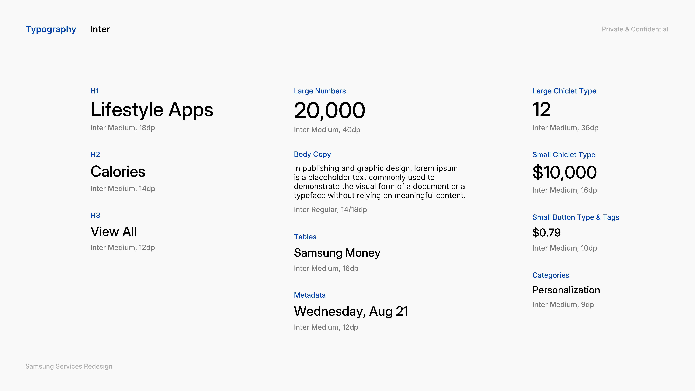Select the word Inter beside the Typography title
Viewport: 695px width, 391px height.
pyautogui.click(x=100, y=29)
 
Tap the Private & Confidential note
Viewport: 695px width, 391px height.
pyautogui.click(x=635, y=29)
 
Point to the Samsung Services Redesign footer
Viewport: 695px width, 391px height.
pyautogui.click(x=69, y=366)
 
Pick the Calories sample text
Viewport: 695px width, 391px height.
pyautogui.click(x=118, y=172)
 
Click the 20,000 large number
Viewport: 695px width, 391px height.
pyautogui.click(x=329, y=111)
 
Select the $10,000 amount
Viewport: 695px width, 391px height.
pyautogui.click(x=564, y=172)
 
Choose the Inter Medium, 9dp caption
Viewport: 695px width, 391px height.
pyautogui.click(x=563, y=305)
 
